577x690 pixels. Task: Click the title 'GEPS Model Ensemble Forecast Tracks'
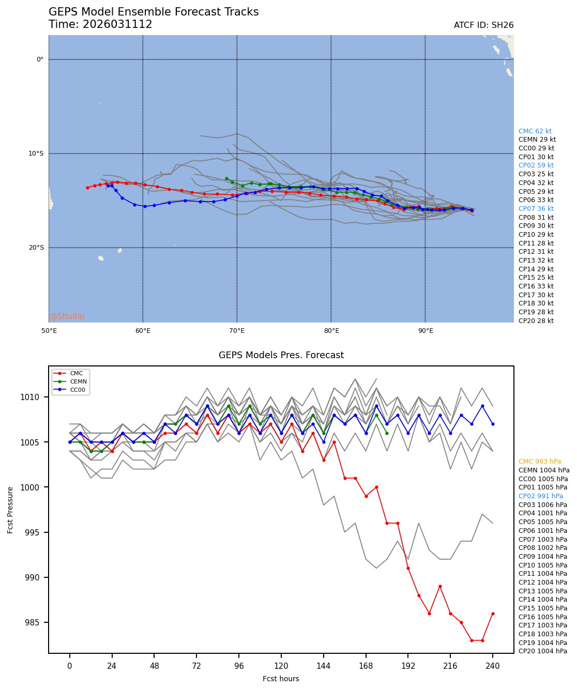tap(154, 12)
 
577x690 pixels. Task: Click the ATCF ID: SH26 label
tap(483, 25)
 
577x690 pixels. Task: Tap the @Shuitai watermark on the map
tap(67, 316)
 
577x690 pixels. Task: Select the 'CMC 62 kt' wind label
tap(535, 131)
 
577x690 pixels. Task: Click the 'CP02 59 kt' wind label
tap(536, 165)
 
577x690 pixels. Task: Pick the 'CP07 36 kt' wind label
tap(536, 209)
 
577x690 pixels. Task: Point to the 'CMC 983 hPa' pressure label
tap(539, 462)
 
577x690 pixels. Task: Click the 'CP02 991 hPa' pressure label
tap(540, 496)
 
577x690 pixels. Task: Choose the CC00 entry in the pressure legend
tap(78, 390)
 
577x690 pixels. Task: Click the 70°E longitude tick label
tap(237, 330)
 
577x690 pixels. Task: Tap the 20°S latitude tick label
tap(36, 248)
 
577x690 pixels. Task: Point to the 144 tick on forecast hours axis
tap(324, 666)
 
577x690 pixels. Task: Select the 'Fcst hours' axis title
tap(281, 679)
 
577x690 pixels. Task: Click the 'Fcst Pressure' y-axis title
tap(10, 510)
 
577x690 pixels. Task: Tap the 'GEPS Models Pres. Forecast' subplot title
tap(281, 355)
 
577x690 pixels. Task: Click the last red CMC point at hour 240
tap(493, 614)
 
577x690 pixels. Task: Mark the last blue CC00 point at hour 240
tap(493, 424)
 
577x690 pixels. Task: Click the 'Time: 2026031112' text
tap(100, 24)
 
